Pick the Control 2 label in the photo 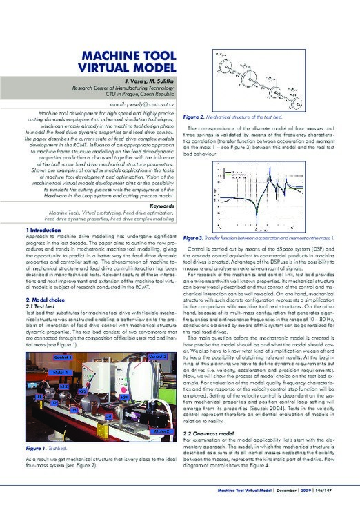(x=157, y=356)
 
